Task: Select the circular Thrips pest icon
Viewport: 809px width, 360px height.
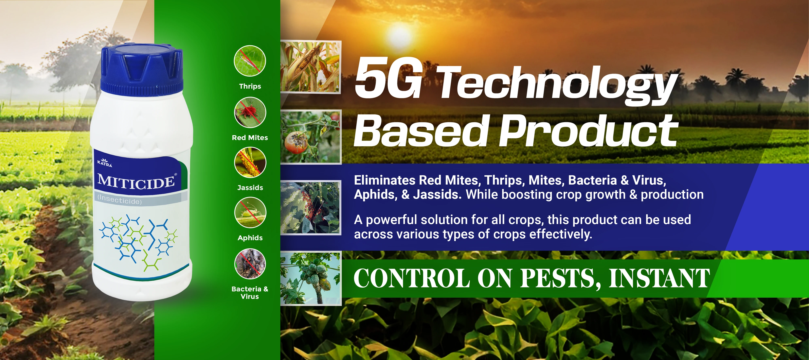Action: coord(250,61)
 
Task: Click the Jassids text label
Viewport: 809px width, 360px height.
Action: coord(250,188)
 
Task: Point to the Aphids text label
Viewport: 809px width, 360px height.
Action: coord(250,238)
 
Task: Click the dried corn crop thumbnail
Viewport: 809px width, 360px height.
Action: coord(310,67)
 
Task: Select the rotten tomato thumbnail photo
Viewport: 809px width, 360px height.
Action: coord(310,137)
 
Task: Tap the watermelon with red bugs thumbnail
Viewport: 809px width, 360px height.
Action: coord(310,208)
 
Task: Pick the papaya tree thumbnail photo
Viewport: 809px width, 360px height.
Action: coord(310,278)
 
